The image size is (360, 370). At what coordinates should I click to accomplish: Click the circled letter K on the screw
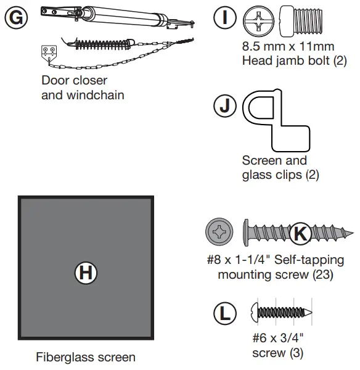[x=299, y=234]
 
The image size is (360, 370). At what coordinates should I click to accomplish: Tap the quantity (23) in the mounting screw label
[x=319, y=274]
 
